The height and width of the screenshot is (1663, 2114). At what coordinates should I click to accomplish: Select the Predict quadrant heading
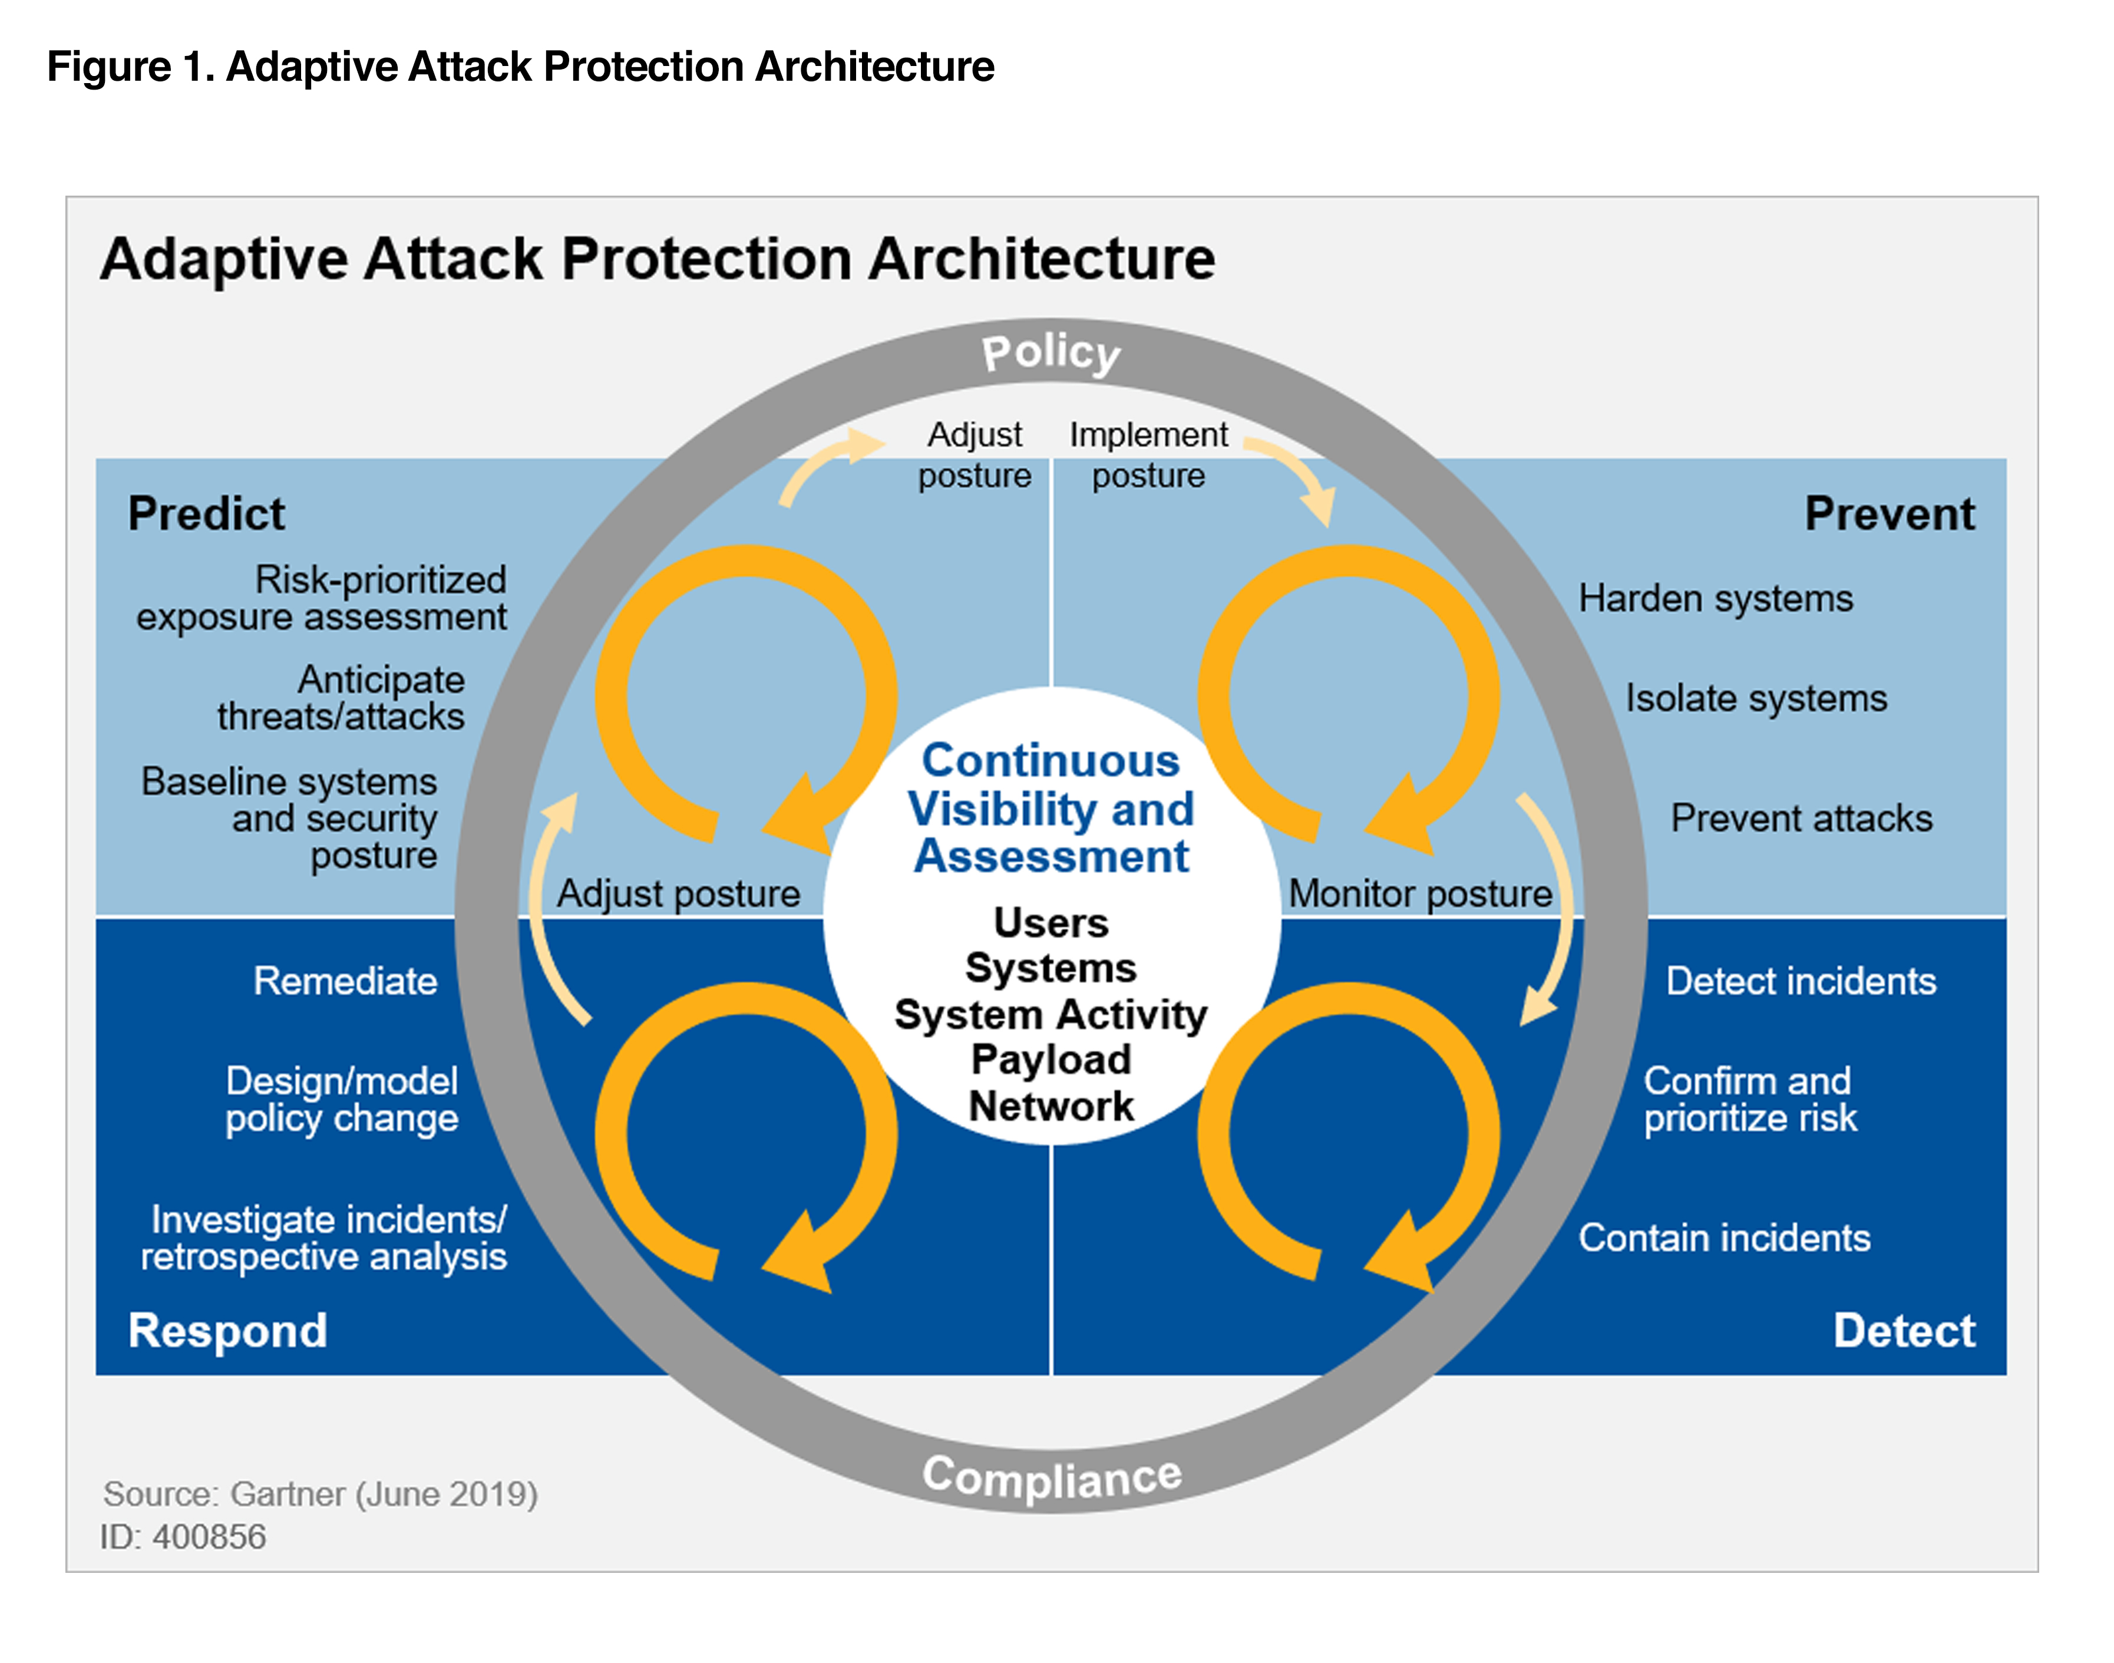pos(206,513)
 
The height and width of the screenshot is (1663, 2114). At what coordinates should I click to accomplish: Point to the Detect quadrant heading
pos(1903,1330)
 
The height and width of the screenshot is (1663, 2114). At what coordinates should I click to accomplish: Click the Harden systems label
pos(1715,598)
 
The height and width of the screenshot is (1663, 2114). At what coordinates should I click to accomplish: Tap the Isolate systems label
pos(1756,698)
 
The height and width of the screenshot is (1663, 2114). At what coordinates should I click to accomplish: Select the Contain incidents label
pos(1724,1238)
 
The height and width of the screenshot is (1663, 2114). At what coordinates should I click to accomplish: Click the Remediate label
pos(345,981)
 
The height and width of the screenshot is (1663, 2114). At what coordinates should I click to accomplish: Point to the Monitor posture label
pos(1420,893)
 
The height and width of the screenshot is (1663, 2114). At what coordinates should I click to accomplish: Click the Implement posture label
pos(1148,455)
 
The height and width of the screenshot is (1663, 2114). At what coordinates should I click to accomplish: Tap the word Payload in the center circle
pos(1051,1060)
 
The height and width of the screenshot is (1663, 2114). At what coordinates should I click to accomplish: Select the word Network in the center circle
pos(1051,1106)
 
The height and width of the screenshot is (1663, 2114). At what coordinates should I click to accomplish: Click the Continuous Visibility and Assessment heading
pos(1051,808)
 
